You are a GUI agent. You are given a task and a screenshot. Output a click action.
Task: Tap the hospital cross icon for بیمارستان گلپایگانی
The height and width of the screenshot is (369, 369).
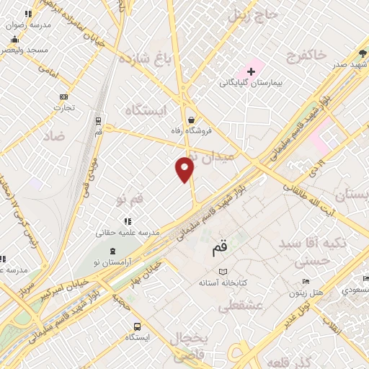[x=251, y=71]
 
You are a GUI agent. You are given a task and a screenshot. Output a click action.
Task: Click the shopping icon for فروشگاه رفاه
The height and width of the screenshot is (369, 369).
[x=190, y=120]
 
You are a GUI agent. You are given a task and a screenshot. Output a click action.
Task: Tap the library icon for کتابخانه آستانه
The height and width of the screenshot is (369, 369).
[x=223, y=272]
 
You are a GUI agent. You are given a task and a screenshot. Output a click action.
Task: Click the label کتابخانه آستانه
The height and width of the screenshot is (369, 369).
[x=223, y=283]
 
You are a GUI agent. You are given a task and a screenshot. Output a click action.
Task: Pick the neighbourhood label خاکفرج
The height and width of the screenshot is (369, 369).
[x=306, y=55]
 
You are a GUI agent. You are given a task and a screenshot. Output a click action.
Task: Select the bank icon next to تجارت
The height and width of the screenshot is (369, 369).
[x=63, y=97]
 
